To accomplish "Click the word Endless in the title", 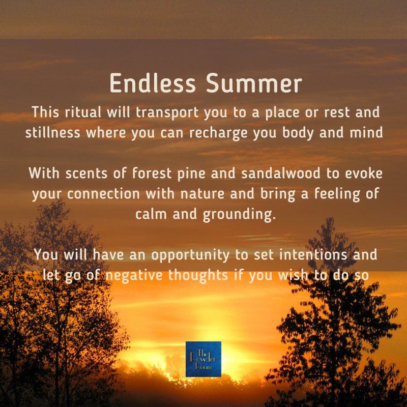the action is [x=152, y=83].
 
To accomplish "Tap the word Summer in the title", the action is [x=254, y=83].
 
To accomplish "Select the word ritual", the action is [x=83, y=112].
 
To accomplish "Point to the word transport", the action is [x=167, y=113].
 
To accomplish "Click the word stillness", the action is [x=53, y=132].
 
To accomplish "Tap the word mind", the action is [x=366, y=132].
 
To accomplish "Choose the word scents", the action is [x=86, y=173].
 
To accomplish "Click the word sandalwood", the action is [x=281, y=173].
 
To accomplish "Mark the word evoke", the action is [x=364, y=173].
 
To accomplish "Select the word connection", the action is [x=103, y=194].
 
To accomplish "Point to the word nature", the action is [x=202, y=194].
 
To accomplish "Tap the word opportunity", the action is [x=190, y=255].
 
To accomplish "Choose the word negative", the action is [x=134, y=276].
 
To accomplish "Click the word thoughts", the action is [x=198, y=275].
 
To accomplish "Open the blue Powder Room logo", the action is [x=203, y=359].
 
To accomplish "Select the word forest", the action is [x=152, y=173].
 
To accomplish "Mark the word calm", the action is [x=151, y=214].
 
